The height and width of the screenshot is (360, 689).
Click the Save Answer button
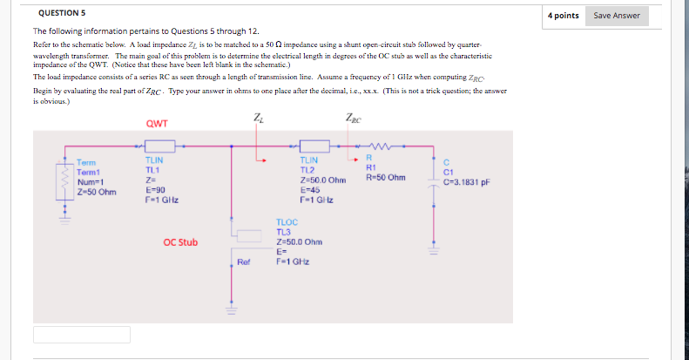click(x=617, y=16)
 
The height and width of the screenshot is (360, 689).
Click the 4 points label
click(x=564, y=16)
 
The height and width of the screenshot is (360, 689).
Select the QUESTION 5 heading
click(x=62, y=13)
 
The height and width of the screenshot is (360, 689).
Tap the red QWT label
click(x=157, y=123)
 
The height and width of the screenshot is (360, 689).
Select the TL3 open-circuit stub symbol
click(x=249, y=234)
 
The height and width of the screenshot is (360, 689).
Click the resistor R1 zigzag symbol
click(x=381, y=145)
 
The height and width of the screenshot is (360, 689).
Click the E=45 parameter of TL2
click(x=308, y=189)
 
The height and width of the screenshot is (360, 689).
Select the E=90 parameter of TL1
click(x=155, y=189)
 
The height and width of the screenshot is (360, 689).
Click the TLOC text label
click(x=287, y=223)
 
